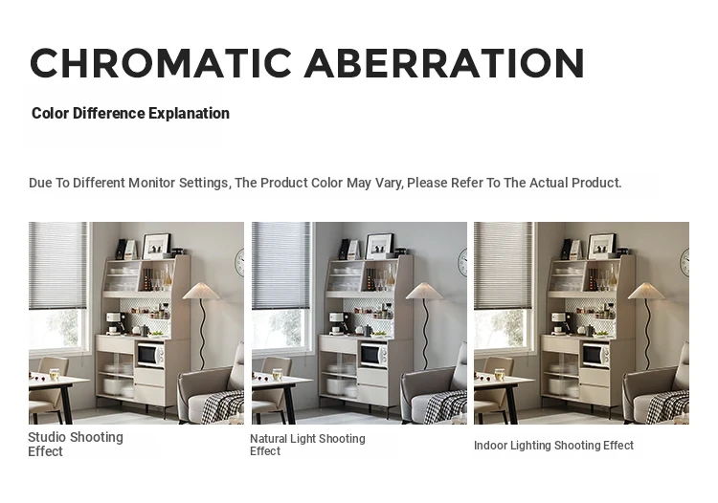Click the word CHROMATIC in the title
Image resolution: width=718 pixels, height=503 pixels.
[x=161, y=63]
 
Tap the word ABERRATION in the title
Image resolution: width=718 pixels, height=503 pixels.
[x=444, y=63]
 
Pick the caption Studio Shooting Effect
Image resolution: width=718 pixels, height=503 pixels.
[x=76, y=444]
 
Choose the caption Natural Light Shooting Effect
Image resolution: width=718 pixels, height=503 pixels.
[x=307, y=445]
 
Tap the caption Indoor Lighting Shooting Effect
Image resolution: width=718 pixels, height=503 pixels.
[x=553, y=446]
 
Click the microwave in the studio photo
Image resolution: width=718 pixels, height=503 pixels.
[x=150, y=355]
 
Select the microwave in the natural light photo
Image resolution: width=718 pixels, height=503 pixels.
[x=373, y=355]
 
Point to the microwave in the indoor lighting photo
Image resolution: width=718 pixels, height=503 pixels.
[x=595, y=355]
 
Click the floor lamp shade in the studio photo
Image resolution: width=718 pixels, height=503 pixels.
[x=201, y=292]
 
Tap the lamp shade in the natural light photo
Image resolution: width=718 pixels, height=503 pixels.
[x=424, y=292]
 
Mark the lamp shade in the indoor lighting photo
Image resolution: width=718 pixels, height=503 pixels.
[x=646, y=292]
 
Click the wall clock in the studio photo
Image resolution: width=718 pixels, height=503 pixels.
[x=239, y=263]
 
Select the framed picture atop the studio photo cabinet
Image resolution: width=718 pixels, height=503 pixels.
[x=156, y=246]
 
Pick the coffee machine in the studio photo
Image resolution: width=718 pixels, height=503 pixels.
[x=115, y=323]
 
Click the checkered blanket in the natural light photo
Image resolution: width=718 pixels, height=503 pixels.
[x=446, y=406]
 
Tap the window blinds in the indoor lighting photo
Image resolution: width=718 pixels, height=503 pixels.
[x=504, y=266]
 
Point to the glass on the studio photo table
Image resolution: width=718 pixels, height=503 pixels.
[x=54, y=375]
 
